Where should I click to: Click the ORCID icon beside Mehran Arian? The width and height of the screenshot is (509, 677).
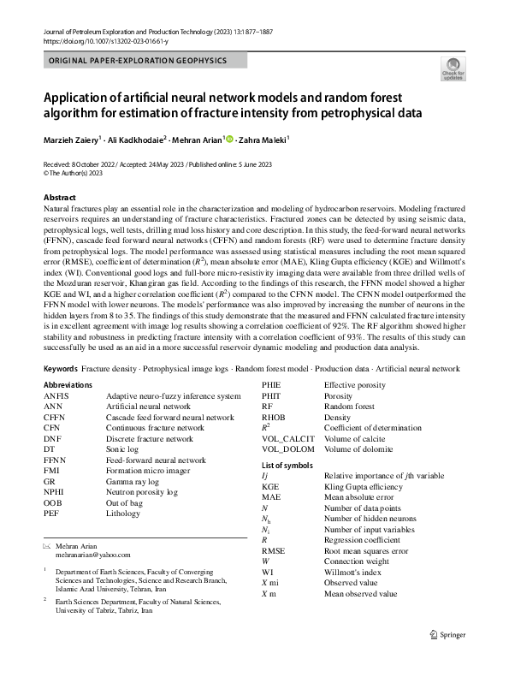[x=229, y=138]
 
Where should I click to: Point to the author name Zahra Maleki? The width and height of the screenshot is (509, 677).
[x=263, y=139]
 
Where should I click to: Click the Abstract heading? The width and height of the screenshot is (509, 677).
[x=59, y=197]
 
